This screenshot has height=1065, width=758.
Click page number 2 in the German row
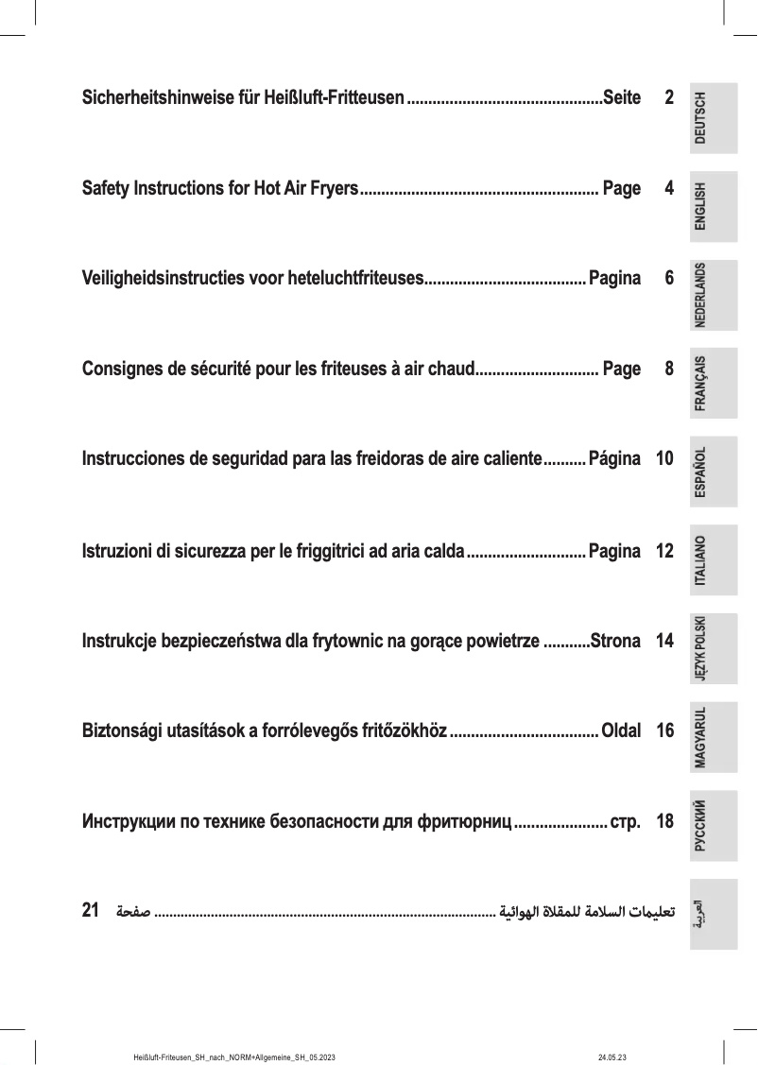click(x=668, y=98)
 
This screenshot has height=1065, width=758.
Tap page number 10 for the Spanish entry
click(x=663, y=460)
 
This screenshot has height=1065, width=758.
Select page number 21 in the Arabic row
click(x=92, y=911)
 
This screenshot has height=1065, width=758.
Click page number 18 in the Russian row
click(x=663, y=822)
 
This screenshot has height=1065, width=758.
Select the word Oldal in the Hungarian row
click(x=621, y=731)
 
